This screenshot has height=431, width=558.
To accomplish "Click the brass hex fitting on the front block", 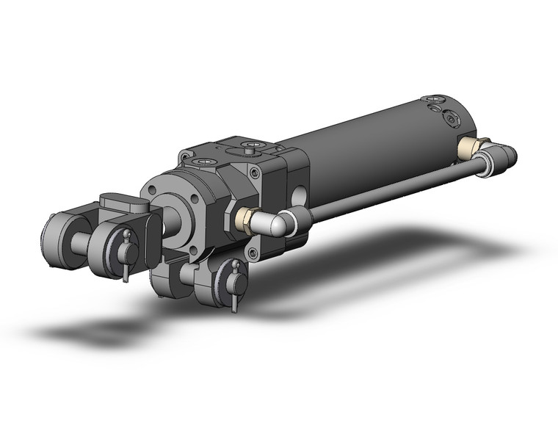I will [x=246, y=220].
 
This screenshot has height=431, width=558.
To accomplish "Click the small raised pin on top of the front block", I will [x=253, y=150].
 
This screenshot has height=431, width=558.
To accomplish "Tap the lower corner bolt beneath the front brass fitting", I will [x=253, y=253].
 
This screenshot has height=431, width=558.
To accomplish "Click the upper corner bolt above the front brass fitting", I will [x=254, y=173].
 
